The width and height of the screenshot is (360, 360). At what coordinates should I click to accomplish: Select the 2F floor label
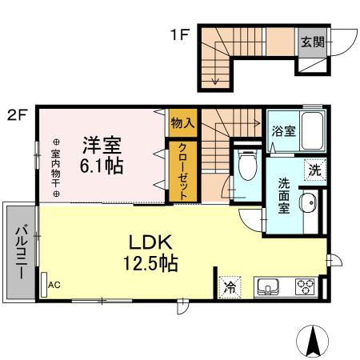(18, 114)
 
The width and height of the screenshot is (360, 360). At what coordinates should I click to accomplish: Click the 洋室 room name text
(102, 145)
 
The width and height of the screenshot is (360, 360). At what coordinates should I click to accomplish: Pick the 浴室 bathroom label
(283, 130)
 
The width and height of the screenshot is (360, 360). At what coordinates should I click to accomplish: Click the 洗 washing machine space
(316, 169)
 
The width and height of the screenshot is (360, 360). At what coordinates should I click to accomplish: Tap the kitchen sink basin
(266, 285)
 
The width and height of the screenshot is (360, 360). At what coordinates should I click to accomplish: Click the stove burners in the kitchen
(304, 285)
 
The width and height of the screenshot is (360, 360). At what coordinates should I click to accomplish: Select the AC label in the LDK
(54, 285)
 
